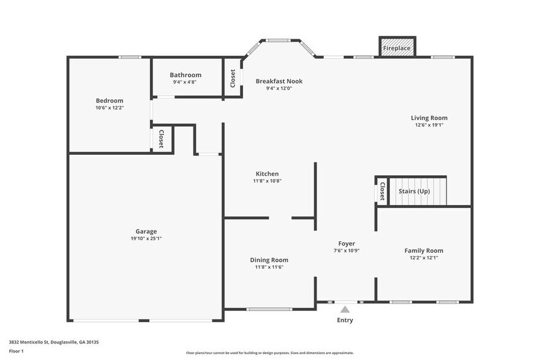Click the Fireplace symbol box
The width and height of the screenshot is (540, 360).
click(397, 48)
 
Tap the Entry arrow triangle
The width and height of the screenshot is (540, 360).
click(345, 309)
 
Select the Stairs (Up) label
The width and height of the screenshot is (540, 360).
click(414, 191)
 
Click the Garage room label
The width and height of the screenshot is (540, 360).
click(146, 231)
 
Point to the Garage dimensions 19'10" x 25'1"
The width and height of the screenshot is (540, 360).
click(146, 239)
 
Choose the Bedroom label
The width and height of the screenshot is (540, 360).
click(110, 100)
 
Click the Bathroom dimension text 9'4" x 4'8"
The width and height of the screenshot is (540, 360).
click(186, 82)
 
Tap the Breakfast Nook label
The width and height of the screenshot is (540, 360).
click(279, 81)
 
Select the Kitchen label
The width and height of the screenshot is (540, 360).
click(267, 174)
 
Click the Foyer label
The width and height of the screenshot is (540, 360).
click(347, 244)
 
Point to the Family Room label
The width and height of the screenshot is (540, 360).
click(424, 250)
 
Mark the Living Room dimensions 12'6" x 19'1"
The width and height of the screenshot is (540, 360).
click(429, 125)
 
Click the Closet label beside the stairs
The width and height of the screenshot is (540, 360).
click(382, 192)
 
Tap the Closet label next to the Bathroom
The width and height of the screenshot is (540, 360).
click(233, 78)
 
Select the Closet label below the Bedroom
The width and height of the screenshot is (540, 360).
click(161, 138)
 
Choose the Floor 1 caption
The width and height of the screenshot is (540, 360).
click(17, 351)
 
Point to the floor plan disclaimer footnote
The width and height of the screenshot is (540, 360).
click(270, 353)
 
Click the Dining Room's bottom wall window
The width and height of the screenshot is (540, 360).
click(270, 309)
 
